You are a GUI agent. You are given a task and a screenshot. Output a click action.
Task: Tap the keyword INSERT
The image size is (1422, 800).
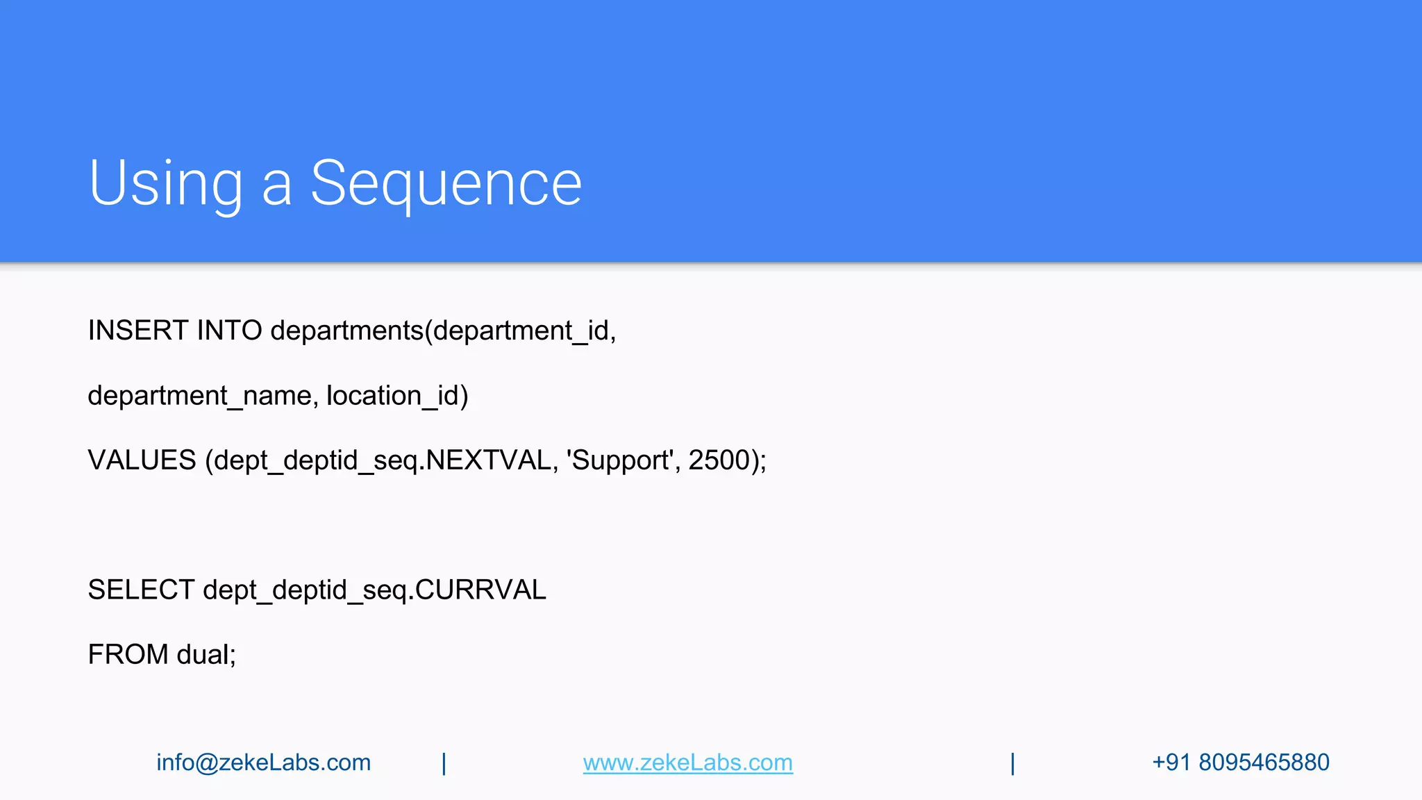pyautogui.click(x=137, y=331)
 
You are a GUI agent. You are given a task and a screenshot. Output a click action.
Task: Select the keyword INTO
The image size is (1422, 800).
pyautogui.click(x=229, y=331)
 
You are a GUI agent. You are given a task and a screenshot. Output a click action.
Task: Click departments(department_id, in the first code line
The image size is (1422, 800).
pyautogui.click(x=443, y=331)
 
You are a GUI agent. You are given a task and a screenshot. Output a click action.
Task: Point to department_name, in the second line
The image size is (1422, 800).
pyautogui.click(x=203, y=396)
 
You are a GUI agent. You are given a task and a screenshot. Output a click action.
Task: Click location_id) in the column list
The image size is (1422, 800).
pyautogui.click(x=397, y=396)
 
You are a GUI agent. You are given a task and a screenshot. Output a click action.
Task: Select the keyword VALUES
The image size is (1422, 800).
pyautogui.click(x=142, y=460)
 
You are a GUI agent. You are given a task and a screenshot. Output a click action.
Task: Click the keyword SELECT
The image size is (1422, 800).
pyautogui.click(x=141, y=590)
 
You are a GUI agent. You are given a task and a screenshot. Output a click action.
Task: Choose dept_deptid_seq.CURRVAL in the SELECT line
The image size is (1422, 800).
pyautogui.click(x=374, y=590)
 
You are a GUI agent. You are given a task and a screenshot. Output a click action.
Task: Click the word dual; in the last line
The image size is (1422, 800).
pyautogui.click(x=206, y=655)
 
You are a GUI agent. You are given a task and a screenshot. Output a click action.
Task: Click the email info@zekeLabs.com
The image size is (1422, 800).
pyautogui.click(x=263, y=762)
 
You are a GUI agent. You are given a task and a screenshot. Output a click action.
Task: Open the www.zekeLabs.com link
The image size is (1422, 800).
pyautogui.click(x=687, y=762)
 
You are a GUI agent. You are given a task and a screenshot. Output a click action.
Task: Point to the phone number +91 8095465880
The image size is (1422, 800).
pyautogui.click(x=1240, y=762)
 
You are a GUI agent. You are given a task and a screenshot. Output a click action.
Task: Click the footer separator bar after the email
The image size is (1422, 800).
pyautogui.click(x=444, y=763)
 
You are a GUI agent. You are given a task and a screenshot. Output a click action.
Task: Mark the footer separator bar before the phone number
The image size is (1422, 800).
pyautogui.click(x=1012, y=763)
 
